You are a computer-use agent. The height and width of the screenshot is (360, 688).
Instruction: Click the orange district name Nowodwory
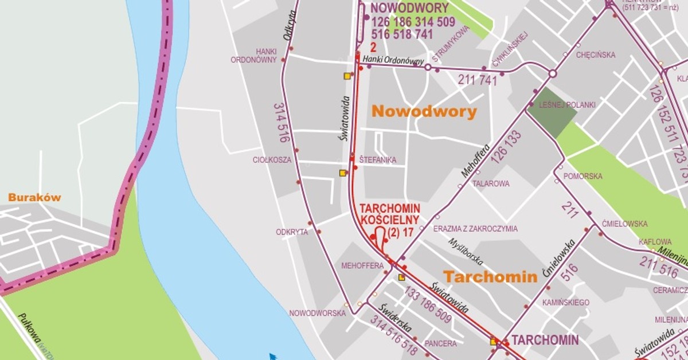coord(424,111)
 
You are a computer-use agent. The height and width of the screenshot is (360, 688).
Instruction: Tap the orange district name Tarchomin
coord(490,277)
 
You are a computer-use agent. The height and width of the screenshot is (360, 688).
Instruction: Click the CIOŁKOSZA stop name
coord(272,160)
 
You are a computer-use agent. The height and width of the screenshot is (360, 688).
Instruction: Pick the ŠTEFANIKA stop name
coord(377,160)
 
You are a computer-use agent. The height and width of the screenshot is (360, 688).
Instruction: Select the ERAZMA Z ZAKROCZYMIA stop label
coord(475,229)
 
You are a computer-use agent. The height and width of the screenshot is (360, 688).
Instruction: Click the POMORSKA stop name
coord(583,176)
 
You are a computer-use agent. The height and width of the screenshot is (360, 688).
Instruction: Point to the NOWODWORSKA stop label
coord(317,314)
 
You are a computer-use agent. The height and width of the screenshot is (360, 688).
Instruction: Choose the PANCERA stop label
coord(441,344)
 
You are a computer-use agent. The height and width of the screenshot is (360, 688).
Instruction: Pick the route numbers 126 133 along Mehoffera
coord(506,146)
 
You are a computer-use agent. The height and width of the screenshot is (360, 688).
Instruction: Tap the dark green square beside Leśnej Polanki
coord(551,113)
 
